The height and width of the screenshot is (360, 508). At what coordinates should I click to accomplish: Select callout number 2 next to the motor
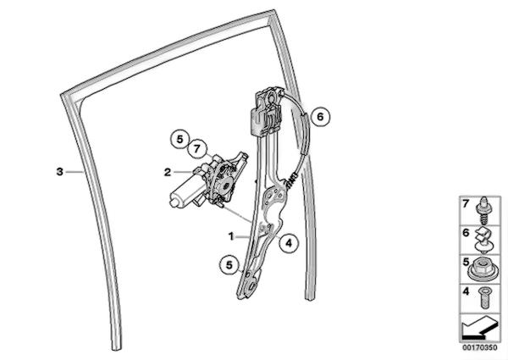(168, 172)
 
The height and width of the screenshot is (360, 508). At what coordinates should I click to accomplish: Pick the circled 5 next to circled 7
(179, 136)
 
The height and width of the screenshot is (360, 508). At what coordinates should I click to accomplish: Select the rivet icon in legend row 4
(485, 296)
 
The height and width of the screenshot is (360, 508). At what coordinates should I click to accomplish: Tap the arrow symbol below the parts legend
(478, 326)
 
